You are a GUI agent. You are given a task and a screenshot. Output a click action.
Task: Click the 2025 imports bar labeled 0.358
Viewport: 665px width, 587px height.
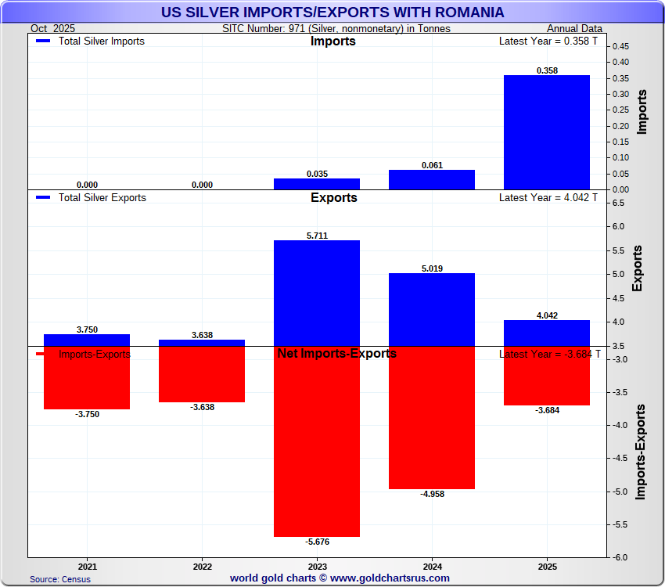pyautogui.click(x=547, y=132)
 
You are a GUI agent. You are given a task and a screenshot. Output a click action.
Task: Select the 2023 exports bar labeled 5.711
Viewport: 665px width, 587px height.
pyautogui.click(x=317, y=293)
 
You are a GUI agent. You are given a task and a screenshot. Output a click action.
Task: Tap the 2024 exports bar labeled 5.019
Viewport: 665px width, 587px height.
pyautogui.click(x=432, y=309)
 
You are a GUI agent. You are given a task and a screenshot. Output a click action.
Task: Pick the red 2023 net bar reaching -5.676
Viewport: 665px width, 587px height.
pyautogui.click(x=317, y=441)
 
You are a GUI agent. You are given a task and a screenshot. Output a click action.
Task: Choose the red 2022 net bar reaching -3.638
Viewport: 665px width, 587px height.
pyautogui.click(x=202, y=374)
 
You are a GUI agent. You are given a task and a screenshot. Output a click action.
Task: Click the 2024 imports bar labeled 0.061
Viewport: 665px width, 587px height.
pyautogui.click(x=432, y=179)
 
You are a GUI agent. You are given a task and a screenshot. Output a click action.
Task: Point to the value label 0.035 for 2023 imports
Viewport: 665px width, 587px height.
pyautogui.click(x=317, y=174)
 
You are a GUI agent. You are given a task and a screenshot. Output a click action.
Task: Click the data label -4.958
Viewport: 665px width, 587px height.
pyautogui.click(x=432, y=494)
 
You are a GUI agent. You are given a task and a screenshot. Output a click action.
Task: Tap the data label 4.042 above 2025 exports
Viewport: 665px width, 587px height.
pyautogui.click(x=547, y=315)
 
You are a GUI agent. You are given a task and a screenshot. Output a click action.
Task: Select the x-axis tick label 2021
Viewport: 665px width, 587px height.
pyautogui.click(x=88, y=565)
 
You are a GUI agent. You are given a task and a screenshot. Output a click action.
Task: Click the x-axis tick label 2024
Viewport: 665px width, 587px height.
pyautogui.click(x=432, y=565)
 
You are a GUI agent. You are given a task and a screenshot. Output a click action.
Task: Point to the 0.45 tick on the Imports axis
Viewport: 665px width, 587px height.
pyautogui.click(x=620, y=46)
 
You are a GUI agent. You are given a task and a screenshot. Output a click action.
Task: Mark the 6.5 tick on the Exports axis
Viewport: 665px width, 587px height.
pyautogui.click(x=618, y=203)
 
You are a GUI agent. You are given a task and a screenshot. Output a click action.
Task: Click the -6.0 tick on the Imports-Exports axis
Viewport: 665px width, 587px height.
pyautogui.click(x=618, y=557)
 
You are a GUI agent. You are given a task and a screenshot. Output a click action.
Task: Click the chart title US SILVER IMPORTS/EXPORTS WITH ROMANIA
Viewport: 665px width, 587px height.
pyautogui.click(x=332, y=13)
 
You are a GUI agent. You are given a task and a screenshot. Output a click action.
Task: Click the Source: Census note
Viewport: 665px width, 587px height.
pyautogui.click(x=60, y=579)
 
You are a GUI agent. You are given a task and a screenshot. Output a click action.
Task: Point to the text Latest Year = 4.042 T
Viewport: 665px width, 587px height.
pyautogui.click(x=548, y=198)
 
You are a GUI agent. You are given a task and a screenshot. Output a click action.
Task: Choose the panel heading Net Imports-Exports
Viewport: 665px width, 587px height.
pyautogui.click(x=336, y=354)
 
